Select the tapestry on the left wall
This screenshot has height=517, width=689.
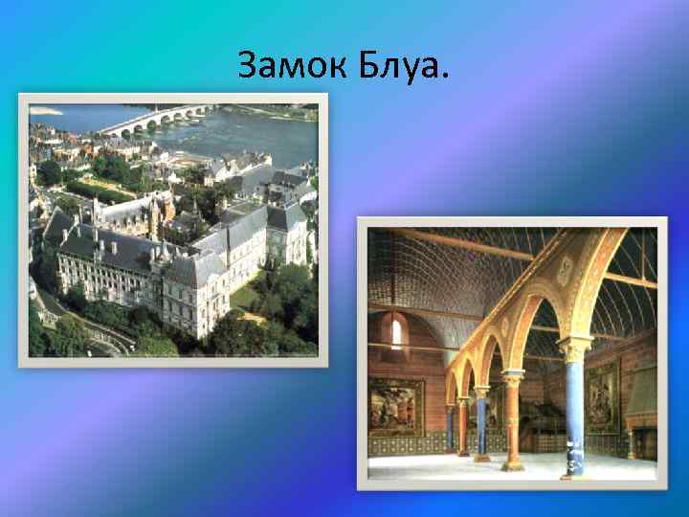[x=395, y=406]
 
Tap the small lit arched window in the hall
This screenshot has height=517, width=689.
[x=396, y=334]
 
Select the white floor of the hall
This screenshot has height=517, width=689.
[x=459, y=467]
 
